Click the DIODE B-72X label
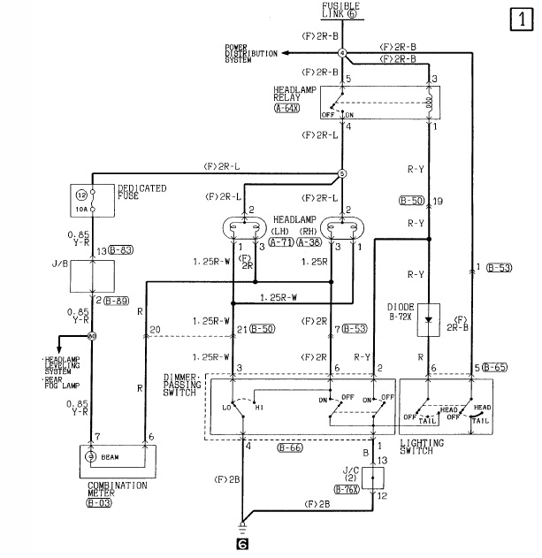428,312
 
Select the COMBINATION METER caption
117,489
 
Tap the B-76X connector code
347,488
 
